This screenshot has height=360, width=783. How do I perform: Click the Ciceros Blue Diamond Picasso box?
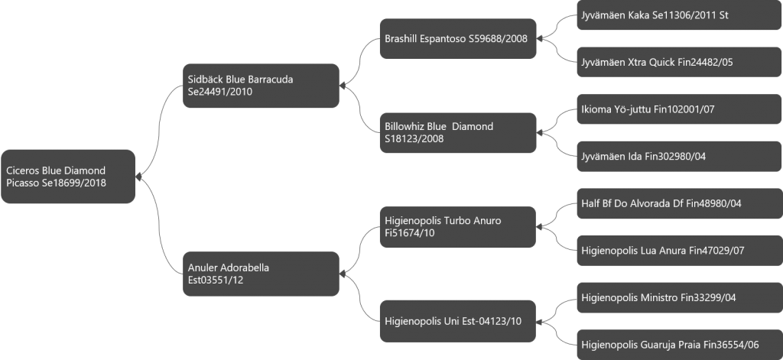pyautogui.click(x=68, y=177)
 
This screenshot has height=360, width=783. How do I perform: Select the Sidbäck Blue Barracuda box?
pyautogui.click(x=261, y=86)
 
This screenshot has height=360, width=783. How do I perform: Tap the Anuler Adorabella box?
pyautogui.click(x=261, y=274)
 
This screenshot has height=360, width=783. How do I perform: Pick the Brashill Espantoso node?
pyautogui.click(x=458, y=38)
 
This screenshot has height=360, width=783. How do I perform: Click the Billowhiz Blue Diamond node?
pyautogui.click(x=458, y=132)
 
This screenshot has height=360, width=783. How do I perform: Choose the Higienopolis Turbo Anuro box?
pyautogui.click(x=458, y=227)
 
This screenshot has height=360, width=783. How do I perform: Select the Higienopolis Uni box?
pyautogui.click(x=458, y=321)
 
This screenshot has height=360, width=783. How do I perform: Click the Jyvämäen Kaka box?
pyautogui.click(x=679, y=15)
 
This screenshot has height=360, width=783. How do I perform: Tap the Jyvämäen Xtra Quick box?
pyautogui.click(x=679, y=62)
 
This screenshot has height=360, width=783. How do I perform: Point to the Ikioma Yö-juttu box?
pyautogui.click(x=679, y=109)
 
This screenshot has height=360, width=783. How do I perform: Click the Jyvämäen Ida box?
pyautogui.click(x=679, y=156)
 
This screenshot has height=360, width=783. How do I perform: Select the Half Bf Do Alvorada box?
pyautogui.click(x=679, y=203)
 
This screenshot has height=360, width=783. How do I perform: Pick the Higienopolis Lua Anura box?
pyautogui.click(x=679, y=250)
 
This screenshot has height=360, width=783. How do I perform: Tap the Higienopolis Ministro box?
pyautogui.click(x=679, y=297)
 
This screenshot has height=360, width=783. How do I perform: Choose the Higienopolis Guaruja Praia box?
pyautogui.click(x=679, y=345)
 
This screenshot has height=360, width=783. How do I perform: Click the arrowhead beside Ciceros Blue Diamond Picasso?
pyautogui.click(x=139, y=177)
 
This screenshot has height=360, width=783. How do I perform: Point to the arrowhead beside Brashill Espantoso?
pyautogui.click(x=539, y=38)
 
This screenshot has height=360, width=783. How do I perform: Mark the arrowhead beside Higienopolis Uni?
pyautogui.click(x=539, y=321)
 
